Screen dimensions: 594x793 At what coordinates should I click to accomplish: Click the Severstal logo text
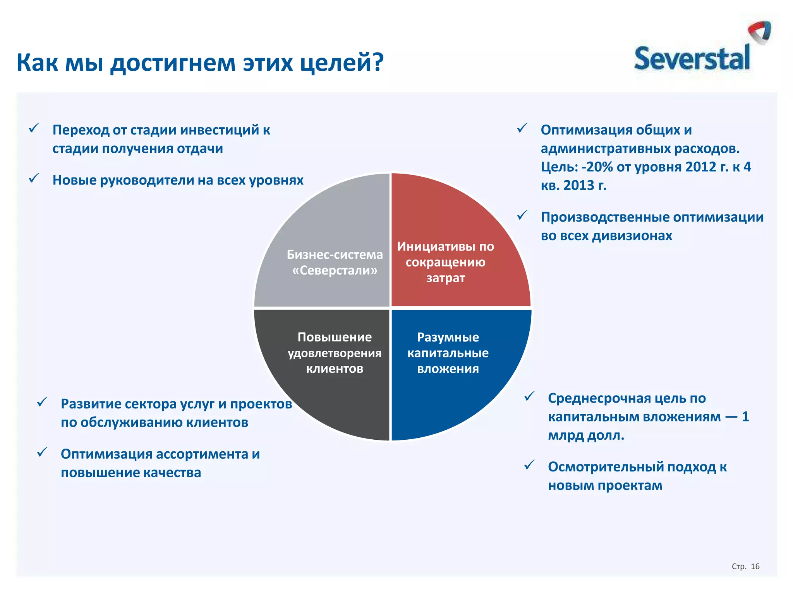pyautogui.click(x=692, y=59)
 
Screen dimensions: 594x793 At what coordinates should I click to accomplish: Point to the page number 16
pyautogui.click(x=755, y=567)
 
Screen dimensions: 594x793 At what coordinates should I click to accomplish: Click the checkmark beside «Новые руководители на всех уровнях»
pyautogui.click(x=34, y=178)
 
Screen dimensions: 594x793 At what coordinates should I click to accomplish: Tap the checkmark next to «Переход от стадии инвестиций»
pyautogui.click(x=34, y=128)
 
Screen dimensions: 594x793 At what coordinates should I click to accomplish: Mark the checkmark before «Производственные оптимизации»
pyautogui.click(x=522, y=215)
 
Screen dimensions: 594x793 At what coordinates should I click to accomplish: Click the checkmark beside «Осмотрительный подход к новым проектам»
pyautogui.click(x=529, y=465)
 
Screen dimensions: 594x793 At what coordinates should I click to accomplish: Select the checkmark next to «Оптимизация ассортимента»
pyautogui.click(x=42, y=452)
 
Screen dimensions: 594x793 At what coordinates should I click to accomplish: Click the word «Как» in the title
pyautogui.click(x=37, y=63)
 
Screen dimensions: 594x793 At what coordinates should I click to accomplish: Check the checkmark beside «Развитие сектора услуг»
pyautogui.click(x=42, y=402)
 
